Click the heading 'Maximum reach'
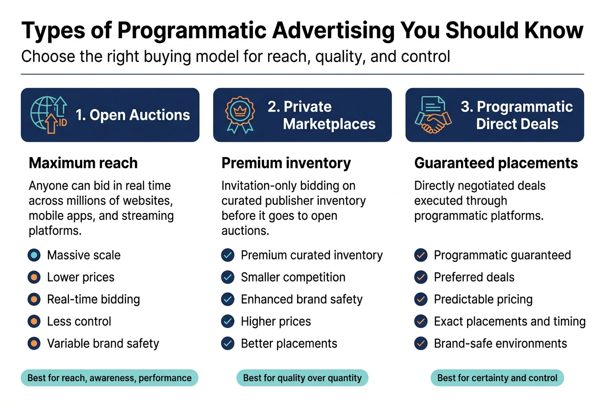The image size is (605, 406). [83, 163]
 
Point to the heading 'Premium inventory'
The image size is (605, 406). [286, 163]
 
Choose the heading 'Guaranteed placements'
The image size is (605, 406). [496, 163]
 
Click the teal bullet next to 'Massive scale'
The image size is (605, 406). [34, 255]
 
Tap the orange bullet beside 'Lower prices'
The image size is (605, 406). [34, 277]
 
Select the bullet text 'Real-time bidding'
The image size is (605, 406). [93, 300]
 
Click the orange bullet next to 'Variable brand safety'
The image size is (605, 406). [34, 343]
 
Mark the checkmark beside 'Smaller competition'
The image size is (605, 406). [228, 277]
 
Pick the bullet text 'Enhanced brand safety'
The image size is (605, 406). [302, 300]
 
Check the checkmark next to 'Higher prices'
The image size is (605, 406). [228, 321]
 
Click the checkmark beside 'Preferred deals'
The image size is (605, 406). [421, 277]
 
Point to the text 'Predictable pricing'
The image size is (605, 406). [483, 300]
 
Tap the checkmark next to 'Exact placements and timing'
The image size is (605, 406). [421, 321]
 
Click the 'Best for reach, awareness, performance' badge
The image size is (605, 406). [109, 378]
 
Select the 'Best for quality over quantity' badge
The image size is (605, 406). [302, 378]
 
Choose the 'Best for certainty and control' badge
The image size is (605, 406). [497, 378]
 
